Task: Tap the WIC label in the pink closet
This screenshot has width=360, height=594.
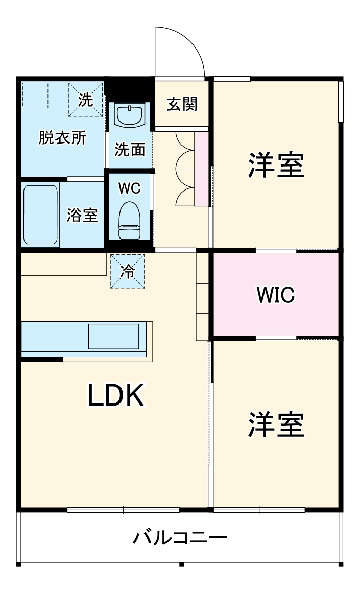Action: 276,295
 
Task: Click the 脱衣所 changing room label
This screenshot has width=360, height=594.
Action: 62,138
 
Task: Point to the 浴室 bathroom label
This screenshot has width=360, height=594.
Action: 82,215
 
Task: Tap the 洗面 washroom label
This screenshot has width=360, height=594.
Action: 130,150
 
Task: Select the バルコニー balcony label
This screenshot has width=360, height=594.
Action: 180,538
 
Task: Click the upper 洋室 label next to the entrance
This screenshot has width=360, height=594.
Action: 276,164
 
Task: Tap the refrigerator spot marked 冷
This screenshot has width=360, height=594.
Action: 127,271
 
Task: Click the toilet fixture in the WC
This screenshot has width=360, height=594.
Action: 129,220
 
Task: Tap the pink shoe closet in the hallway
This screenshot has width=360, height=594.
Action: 202,169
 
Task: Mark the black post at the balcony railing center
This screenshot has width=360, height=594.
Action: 181,564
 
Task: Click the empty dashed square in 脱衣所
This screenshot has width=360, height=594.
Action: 35,95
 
